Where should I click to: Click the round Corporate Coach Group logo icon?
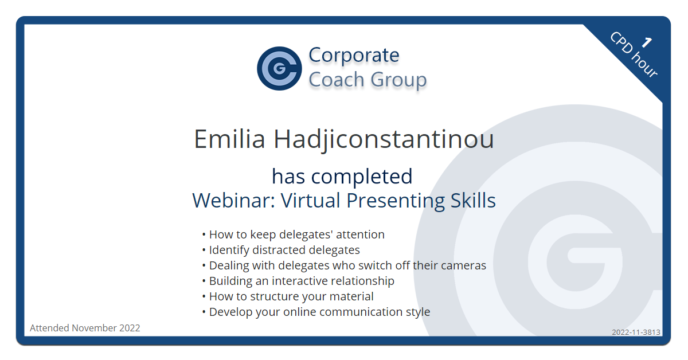(279, 68)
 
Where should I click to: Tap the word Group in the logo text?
(398, 80)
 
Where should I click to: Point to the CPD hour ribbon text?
(634, 54)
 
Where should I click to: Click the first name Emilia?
(229, 139)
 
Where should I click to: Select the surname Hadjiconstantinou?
(384, 140)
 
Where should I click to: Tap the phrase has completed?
(342, 177)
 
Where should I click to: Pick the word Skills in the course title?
(473, 200)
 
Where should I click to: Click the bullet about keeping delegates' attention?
(294, 234)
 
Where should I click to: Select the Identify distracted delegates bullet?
(281, 250)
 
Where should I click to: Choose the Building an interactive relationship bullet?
(298, 281)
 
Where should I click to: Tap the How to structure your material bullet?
(288, 297)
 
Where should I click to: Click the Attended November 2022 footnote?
(85, 328)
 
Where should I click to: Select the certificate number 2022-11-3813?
(636, 332)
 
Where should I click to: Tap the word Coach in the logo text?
(337, 80)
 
